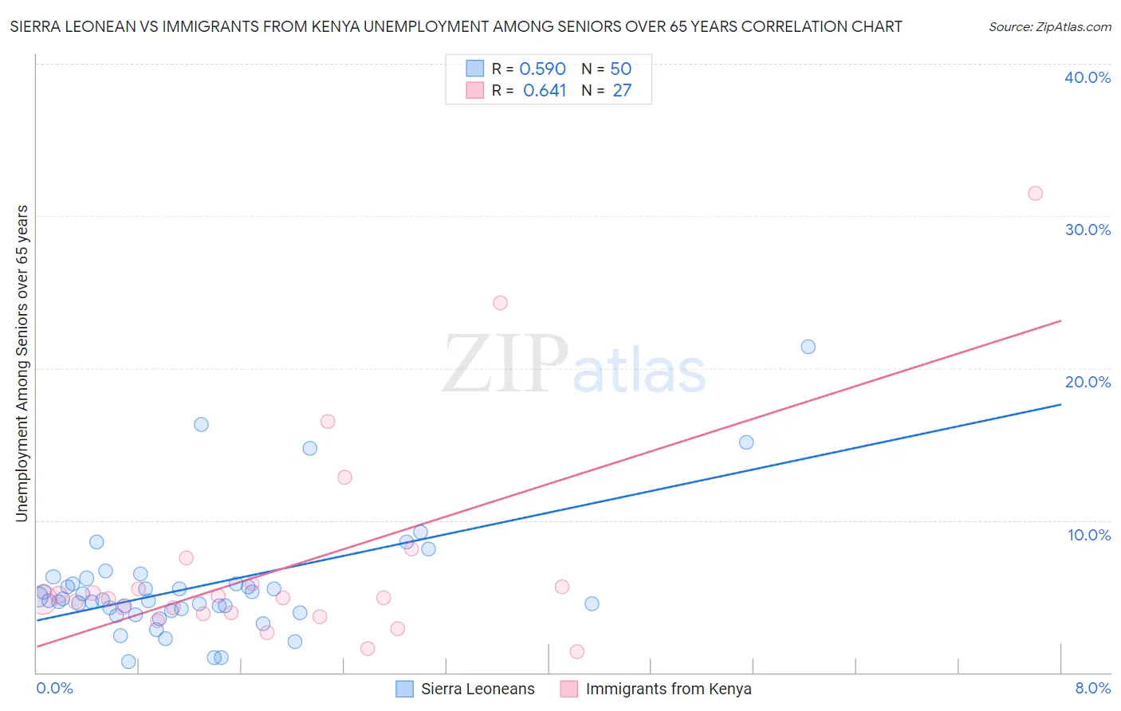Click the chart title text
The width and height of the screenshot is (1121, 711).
[456, 26]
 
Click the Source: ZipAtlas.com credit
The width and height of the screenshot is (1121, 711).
[1049, 26]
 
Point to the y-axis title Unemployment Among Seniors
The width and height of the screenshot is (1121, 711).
[22, 363]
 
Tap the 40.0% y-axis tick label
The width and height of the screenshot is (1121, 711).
[1088, 77]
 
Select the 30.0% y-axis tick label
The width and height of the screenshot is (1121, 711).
[1088, 230]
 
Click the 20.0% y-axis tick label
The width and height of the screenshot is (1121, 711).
[1088, 382]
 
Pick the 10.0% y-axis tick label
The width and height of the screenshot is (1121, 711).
[1089, 535]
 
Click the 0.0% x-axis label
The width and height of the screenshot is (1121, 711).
[54, 688]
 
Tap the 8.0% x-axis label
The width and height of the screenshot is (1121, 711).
[1092, 688]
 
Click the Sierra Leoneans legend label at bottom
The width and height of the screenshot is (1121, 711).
[478, 689]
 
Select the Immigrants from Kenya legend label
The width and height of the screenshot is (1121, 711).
[668, 689]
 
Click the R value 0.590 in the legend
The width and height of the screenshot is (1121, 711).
[542, 69]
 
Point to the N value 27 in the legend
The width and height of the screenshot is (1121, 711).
[622, 91]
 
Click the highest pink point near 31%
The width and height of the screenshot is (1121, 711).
[1035, 193]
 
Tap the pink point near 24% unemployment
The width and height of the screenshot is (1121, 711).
[500, 303]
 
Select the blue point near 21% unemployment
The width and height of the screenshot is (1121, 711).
[808, 347]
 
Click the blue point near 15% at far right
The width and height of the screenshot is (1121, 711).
[746, 442]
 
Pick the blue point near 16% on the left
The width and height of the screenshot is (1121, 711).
[201, 425]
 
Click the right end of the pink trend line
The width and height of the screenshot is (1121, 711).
[1060, 320]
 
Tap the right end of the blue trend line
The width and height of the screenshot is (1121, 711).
[1060, 405]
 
